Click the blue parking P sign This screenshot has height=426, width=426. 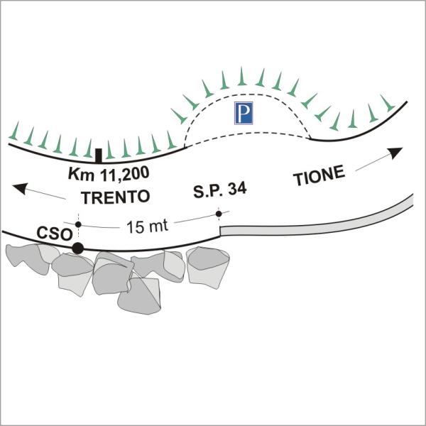(x=244, y=113)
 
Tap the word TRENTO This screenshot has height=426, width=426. (x=116, y=197)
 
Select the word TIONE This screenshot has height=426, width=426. (x=319, y=175)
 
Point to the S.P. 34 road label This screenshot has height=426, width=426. (x=220, y=190)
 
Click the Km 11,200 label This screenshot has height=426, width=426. (x=109, y=173)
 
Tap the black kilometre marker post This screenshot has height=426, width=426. (x=99, y=156)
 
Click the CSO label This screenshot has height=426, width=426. (x=55, y=233)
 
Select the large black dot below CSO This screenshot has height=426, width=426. (x=77, y=248)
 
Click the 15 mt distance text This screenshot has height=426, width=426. (x=147, y=226)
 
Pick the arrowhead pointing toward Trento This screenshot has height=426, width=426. (x=20, y=188)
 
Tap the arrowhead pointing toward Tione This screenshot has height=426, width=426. (x=395, y=153)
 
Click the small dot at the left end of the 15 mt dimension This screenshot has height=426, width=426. (x=78, y=224)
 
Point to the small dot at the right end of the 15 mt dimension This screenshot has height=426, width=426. (x=219, y=214)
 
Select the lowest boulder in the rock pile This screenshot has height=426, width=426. (x=139, y=296)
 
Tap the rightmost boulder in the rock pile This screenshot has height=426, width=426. (x=208, y=268)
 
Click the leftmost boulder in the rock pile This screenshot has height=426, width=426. (x=27, y=258)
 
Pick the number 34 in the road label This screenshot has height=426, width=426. (x=237, y=188)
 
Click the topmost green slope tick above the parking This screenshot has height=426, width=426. (x=241, y=76)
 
